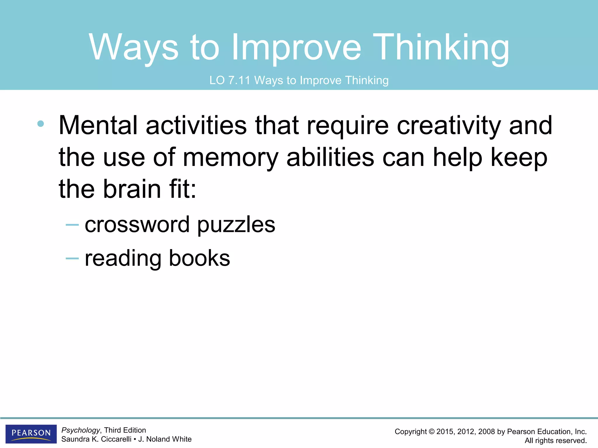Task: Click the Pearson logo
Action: click(31, 434)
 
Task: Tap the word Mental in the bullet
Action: click(98, 125)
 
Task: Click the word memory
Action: click(230, 157)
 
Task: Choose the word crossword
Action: click(137, 225)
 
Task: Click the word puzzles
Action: click(236, 225)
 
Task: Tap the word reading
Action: click(123, 258)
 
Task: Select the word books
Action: click(199, 258)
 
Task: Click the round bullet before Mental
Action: click(41, 124)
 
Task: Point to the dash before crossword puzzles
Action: click(72, 225)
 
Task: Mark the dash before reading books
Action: click(72, 258)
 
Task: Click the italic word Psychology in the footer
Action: click(81, 430)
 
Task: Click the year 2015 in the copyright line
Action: click(445, 432)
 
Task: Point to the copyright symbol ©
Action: click(431, 432)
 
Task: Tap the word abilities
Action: click(330, 157)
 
